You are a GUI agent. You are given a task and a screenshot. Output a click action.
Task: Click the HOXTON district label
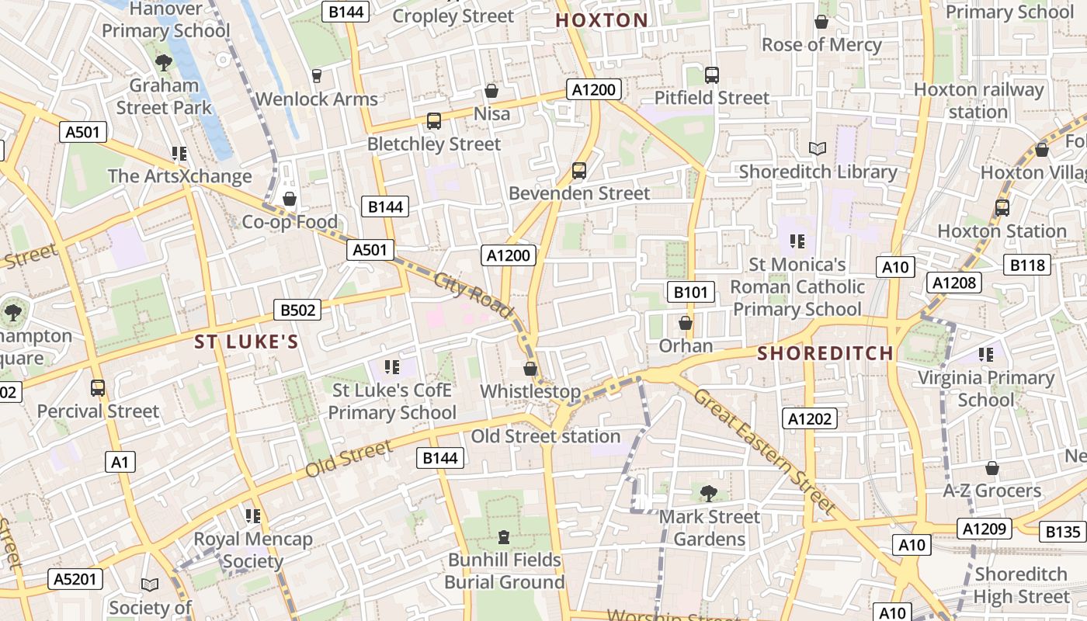point(602,20)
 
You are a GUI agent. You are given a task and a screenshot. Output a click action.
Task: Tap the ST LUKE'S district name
point(246,342)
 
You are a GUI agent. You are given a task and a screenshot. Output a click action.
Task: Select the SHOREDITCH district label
point(825,353)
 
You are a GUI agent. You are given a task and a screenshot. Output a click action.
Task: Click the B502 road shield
point(298,310)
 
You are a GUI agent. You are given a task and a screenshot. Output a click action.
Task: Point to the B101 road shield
point(690,292)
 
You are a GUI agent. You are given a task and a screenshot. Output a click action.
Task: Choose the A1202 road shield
point(810,419)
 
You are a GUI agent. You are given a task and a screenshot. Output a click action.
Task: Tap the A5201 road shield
point(75,578)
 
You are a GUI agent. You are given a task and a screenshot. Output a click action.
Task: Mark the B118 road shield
point(1028,265)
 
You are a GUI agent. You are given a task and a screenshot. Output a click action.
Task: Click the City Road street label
point(474,295)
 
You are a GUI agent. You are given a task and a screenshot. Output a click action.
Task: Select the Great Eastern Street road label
point(765,452)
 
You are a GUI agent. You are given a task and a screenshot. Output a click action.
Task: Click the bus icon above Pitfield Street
point(712,75)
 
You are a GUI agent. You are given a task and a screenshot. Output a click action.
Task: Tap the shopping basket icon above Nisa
point(491,91)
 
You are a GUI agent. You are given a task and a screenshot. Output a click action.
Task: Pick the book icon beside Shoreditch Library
point(817,148)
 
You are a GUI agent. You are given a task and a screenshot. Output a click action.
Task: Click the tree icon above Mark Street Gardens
point(708,493)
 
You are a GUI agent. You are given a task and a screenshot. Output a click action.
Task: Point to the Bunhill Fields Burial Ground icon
point(504,536)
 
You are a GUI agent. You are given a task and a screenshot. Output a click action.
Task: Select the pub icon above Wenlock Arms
point(316,75)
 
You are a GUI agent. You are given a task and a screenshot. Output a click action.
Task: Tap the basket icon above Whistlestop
point(530,369)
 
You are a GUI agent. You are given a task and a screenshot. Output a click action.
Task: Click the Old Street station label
point(545,436)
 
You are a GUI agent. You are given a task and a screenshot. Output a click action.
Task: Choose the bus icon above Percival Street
point(98,387)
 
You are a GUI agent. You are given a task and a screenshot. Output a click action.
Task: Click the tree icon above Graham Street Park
point(164,62)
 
